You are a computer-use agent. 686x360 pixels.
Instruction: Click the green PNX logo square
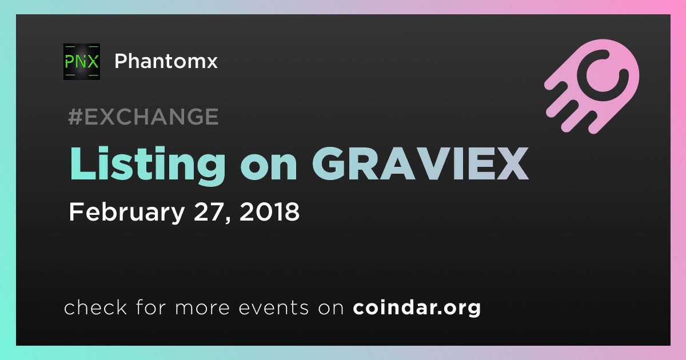(81, 62)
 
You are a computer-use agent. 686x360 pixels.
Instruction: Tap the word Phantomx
(166, 61)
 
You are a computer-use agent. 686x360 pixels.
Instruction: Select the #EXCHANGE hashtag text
(143, 117)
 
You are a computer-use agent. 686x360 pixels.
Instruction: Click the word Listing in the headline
(147, 166)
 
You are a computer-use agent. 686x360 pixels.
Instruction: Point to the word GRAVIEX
(421, 163)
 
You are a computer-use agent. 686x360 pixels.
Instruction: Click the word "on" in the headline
(269, 168)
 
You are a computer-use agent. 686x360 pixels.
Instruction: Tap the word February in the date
(127, 213)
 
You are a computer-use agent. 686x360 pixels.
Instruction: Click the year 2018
(269, 211)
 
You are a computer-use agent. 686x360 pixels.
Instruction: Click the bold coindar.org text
(417, 307)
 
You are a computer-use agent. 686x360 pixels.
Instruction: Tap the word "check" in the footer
(95, 307)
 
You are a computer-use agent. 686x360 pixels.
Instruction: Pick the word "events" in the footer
(273, 307)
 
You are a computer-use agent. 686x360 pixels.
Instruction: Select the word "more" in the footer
(202, 308)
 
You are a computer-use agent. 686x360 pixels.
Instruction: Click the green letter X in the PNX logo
(91, 62)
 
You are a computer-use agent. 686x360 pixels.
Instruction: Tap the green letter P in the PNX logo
(70, 62)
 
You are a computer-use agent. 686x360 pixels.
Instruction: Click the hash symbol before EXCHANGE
(75, 117)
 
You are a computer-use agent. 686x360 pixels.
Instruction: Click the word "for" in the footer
(151, 307)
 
